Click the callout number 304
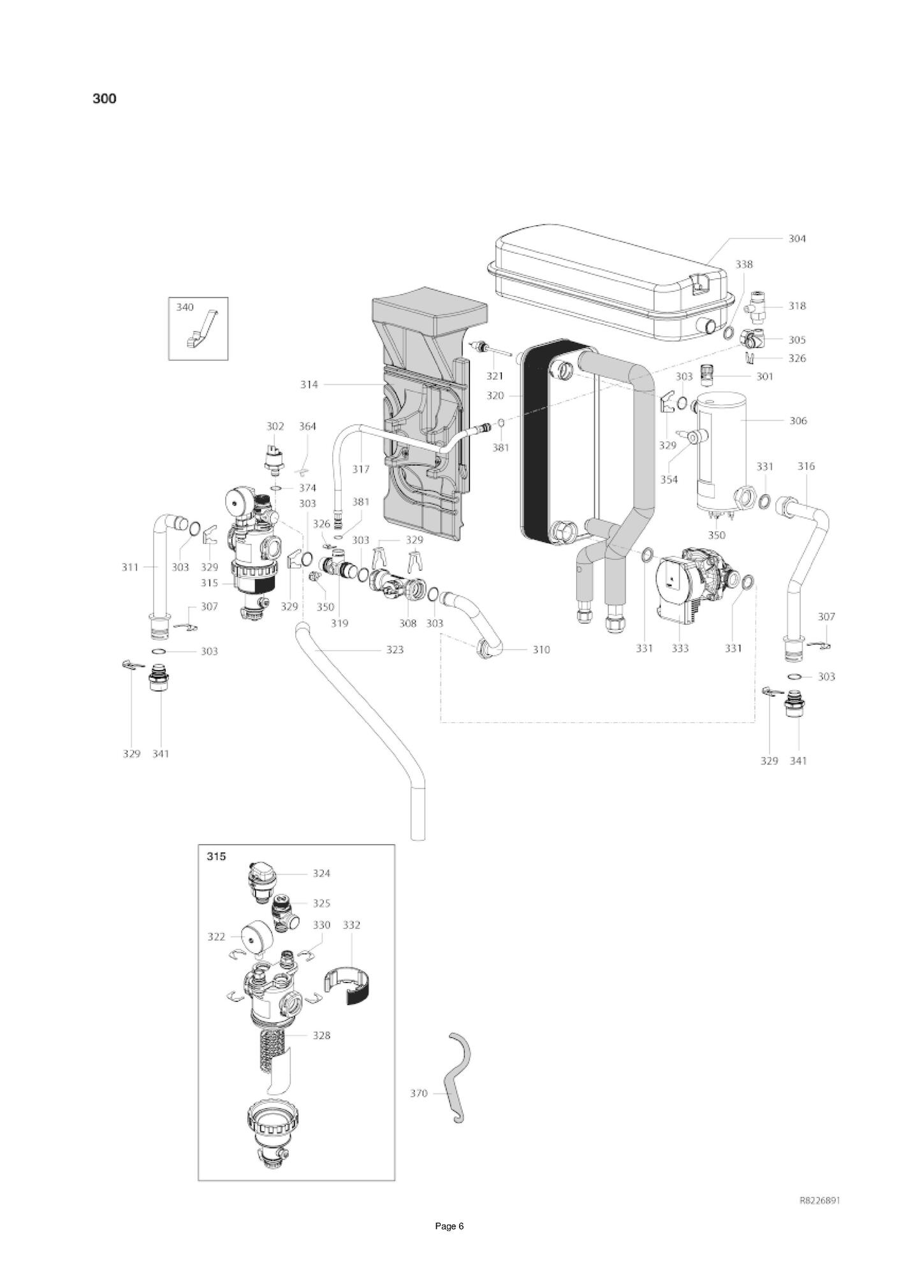tap(797, 238)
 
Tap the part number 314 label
tap(309, 384)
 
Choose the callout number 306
tap(798, 421)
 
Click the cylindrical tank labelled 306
tap(720, 453)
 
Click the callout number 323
tap(395, 650)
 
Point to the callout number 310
tap(541, 650)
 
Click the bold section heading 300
tap(105, 99)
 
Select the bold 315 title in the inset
tap(216, 856)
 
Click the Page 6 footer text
tap(449, 1244)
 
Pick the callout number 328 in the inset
tap(322, 1035)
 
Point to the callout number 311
tap(130, 567)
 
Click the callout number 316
tap(806, 467)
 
